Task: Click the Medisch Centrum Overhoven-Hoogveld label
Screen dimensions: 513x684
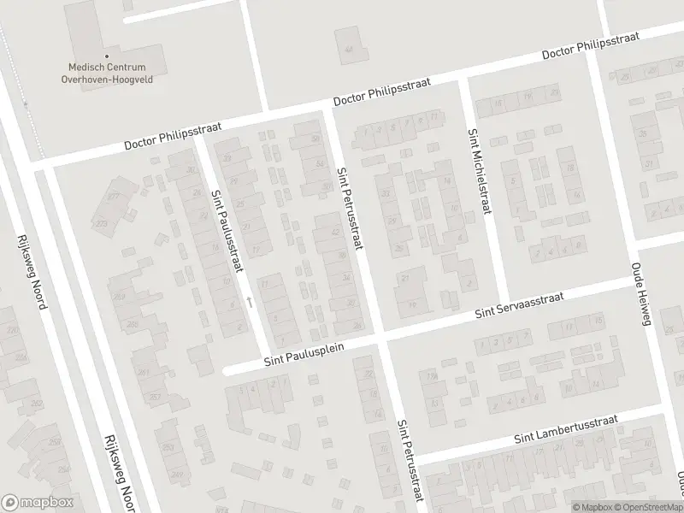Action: (108, 74)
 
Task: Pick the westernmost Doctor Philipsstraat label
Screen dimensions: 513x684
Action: (173, 135)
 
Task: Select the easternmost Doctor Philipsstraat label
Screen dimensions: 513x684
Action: (592, 49)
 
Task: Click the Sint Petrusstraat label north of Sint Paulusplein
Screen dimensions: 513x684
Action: (350, 208)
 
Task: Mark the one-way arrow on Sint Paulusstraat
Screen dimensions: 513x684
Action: (249, 302)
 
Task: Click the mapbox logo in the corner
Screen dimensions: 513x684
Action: (38, 503)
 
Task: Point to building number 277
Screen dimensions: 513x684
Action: (112, 196)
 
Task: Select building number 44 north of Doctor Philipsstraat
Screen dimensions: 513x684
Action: (348, 49)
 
